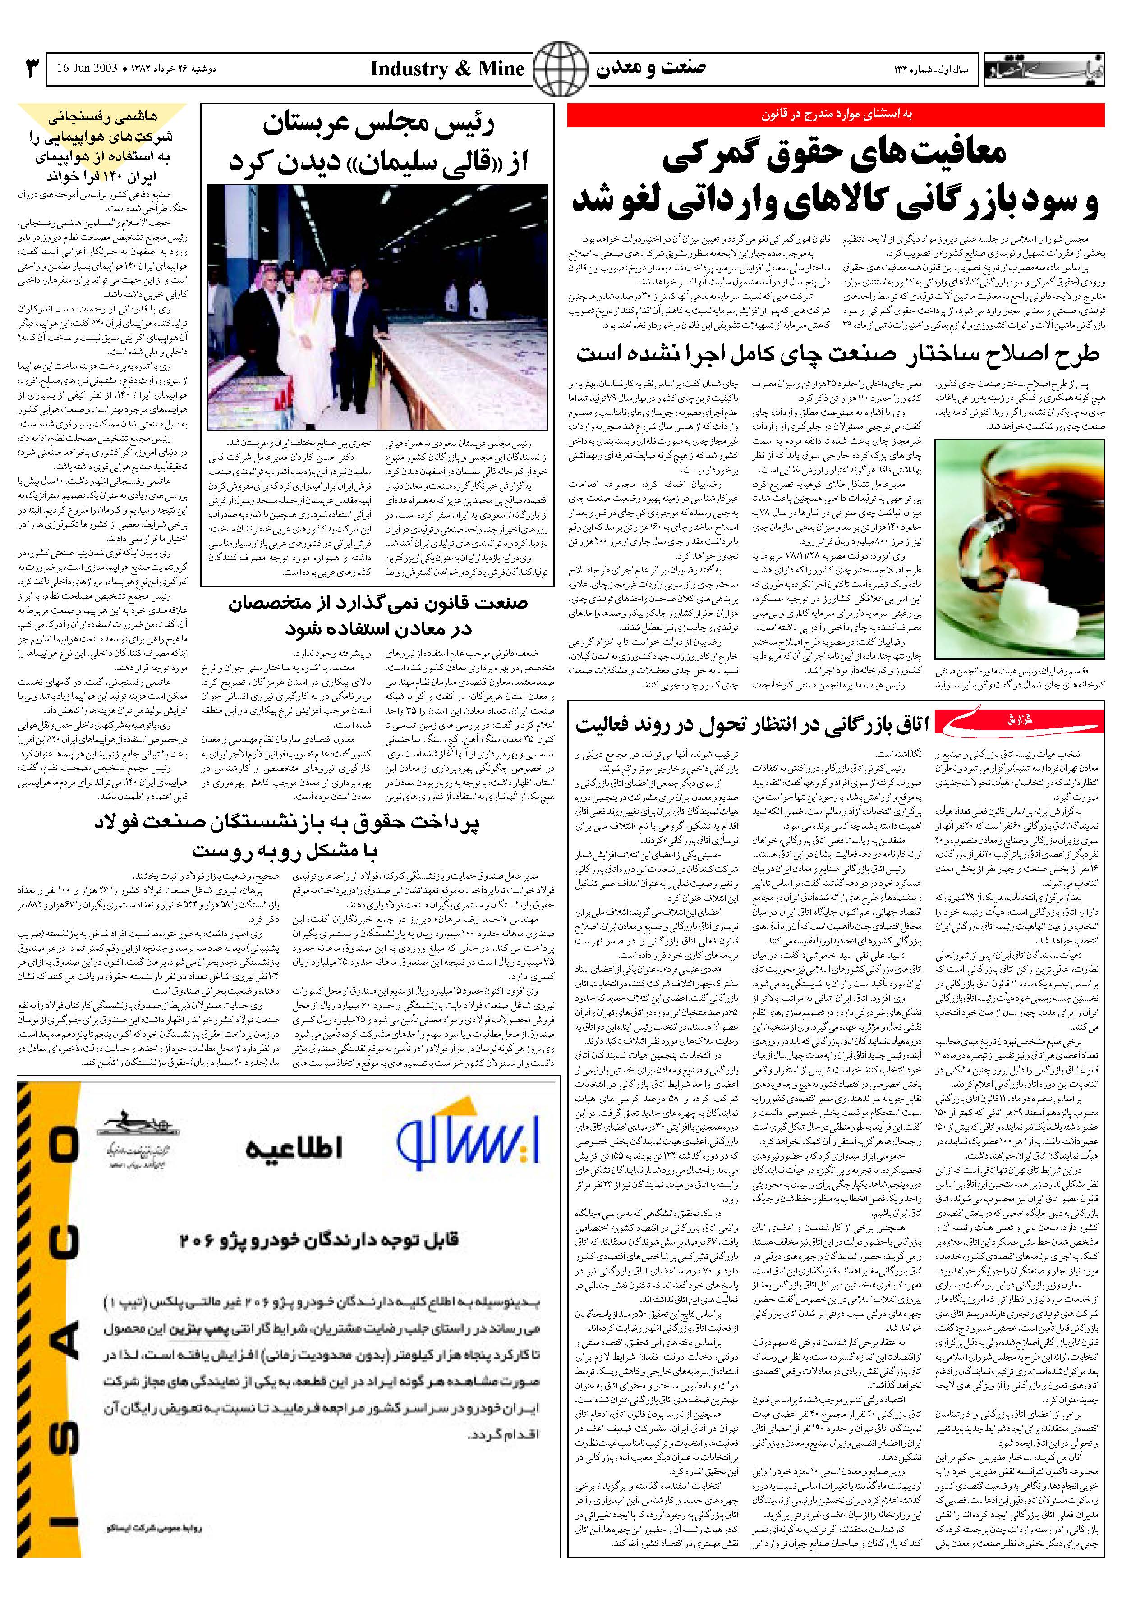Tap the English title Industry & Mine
point(447,69)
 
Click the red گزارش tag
point(1019,720)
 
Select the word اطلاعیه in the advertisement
point(294,1148)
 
